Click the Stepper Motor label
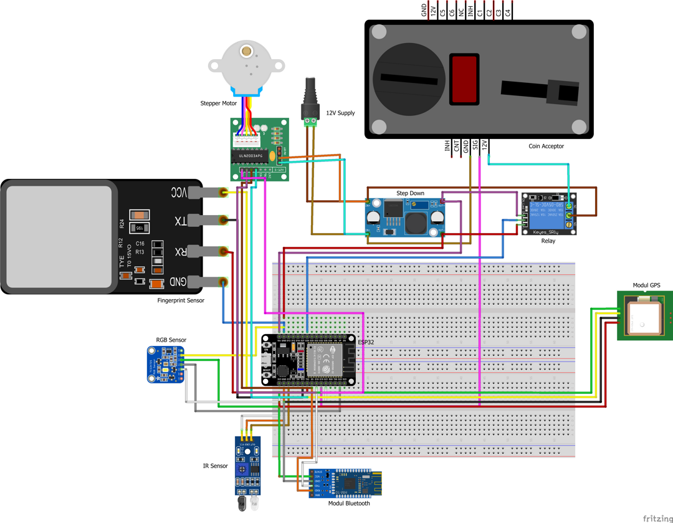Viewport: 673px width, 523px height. pyautogui.click(x=219, y=103)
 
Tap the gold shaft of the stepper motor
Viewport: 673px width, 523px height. pyautogui.click(x=247, y=51)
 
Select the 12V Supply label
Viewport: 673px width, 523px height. pyautogui.click(x=340, y=113)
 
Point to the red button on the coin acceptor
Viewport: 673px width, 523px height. pyautogui.click(x=464, y=79)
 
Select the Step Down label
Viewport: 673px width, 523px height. pyautogui.click(x=410, y=193)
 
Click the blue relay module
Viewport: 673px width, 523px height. pyautogui.click(x=549, y=214)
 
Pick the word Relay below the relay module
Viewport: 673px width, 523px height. pyautogui.click(x=548, y=241)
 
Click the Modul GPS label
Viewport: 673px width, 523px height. pyautogui.click(x=646, y=285)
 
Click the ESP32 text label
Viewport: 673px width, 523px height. pyautogui.click(x=366, y=342)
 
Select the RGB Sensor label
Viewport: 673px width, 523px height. pyautogui.click(x=171, y=340)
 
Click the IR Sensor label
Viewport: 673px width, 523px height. pyautogui.click(x=215, y=466)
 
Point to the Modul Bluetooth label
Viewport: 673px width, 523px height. pyautogui.click(x=349, y=504)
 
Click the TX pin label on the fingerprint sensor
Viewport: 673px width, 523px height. pyautogui.click(x=179, y=221)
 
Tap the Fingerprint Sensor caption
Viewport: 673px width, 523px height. pyautogui.click(x=181, y=300)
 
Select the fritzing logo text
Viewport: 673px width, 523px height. pyautogui.click(x=657, y=518)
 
